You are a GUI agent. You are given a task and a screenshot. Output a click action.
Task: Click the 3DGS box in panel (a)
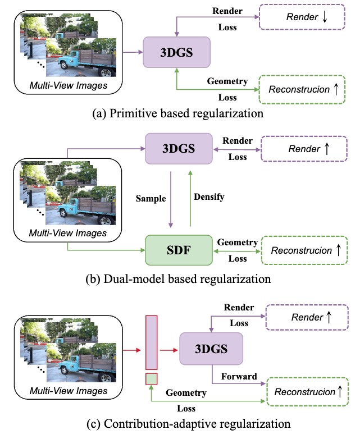(177, 53)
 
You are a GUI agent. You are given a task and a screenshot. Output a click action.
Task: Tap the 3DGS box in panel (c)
(211, 348)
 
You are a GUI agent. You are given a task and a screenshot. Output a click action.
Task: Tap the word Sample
(151, 199)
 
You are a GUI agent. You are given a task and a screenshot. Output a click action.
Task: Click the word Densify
(209, 197)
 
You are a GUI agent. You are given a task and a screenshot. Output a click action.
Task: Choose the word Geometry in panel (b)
(238, 243)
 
